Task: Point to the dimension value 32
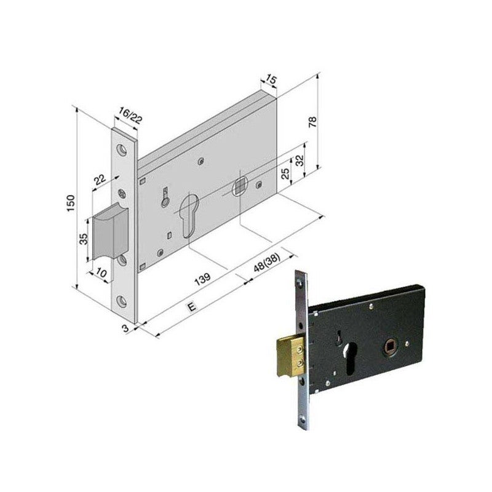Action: coord(300,162)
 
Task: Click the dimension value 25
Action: coord(285,173)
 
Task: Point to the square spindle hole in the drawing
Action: coord(240,183)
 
